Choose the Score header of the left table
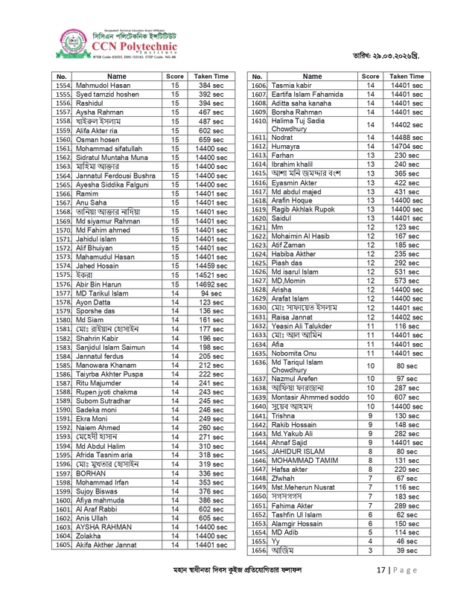click(x=175, y=77)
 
